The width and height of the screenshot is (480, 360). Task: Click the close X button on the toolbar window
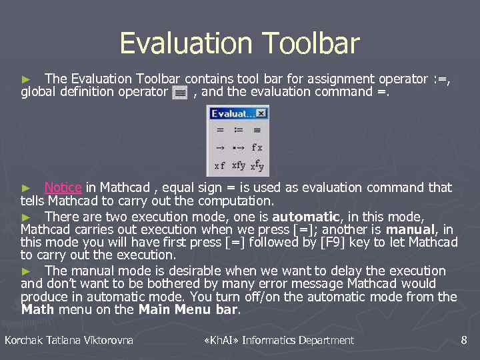(x=261, y=113)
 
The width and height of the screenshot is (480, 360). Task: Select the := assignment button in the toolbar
(x=238, y=130)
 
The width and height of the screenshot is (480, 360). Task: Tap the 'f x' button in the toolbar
(x=256, y=147)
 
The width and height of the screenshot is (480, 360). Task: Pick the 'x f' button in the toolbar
(x=219, y=165)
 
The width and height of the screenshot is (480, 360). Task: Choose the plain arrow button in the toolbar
(x=219, y=147)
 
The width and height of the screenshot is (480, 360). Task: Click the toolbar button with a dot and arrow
(x=238, y=147)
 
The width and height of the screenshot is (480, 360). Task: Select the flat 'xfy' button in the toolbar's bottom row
(x=238, y=165)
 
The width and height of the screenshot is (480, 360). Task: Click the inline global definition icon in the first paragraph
(x=179, y=93)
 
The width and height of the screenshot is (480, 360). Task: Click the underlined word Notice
(x=63, y=188)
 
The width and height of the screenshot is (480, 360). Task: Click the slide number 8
(x=464, y=341)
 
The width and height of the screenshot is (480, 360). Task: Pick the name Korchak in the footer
(x=23, y=341)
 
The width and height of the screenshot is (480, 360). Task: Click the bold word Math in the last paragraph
(x=38, y=310)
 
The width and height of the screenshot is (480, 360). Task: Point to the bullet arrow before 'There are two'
(x=26, y=217)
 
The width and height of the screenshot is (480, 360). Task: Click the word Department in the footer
(x=327, y=341)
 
